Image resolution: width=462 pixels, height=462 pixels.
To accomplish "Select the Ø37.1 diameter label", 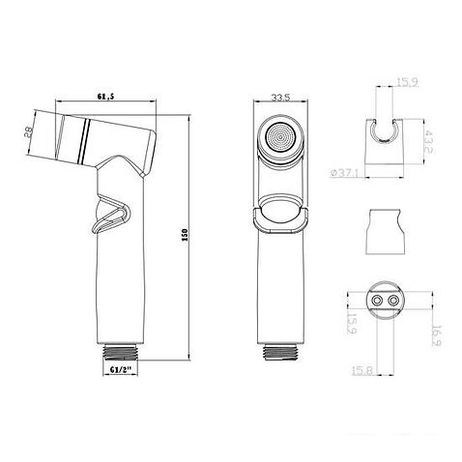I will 344,172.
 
